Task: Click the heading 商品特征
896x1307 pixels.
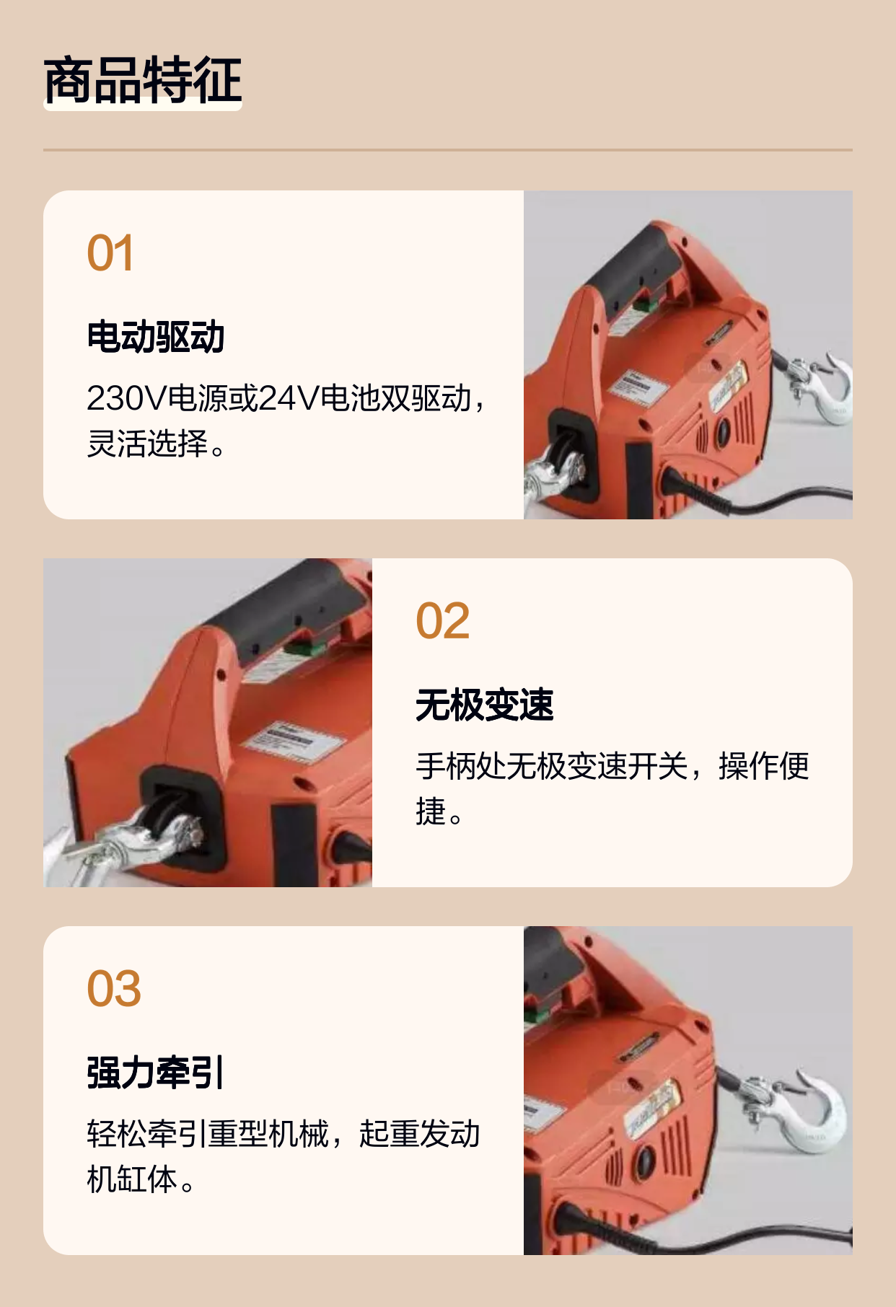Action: (x=143, y=80)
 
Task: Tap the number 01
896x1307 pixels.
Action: (x=110, y=253)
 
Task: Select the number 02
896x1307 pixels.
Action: (x=443, y=621)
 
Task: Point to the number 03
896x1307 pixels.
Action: (x=114, y=989)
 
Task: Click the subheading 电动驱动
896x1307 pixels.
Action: (x=156, y=337)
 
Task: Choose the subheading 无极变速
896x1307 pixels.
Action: (x=485, y=705)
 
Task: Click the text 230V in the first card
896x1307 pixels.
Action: (x=127, y=398)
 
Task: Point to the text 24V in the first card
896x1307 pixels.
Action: (x=289, y=398)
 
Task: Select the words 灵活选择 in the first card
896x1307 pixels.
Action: (x=147, y=444)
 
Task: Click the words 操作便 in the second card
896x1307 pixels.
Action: (x=764, y=766)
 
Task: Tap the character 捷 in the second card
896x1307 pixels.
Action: (x=431, y=811)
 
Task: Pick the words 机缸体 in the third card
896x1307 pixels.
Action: (x=132, y=1179)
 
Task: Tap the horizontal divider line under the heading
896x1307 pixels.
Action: (x=448, y=150)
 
